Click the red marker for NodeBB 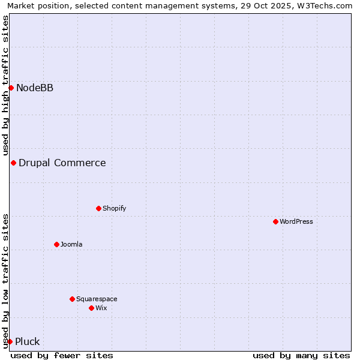[x=11, y=88]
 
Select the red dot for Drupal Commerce [x=13, y=163]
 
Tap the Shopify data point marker [x=98, y=209]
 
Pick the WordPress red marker [x=275, y=222]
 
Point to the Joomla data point [x=56, y=244]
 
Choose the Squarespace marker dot [x=72, y=299]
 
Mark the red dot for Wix [x=91, y=308]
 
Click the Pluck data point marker [x=10, y=342]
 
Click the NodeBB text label [x=35, y=88]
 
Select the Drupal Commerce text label [x=62, y=163]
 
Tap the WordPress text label [x=296, y=222]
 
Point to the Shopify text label [x=115, y=209]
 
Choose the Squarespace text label [x=97, y=299]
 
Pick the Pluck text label [x=28, y=342]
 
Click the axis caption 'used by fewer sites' [x=62, y=355]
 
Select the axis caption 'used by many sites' [x=301, y=355]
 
